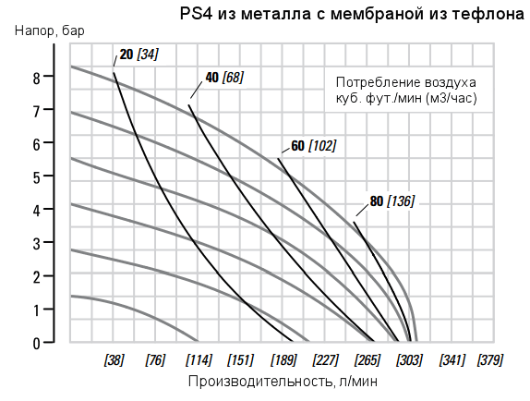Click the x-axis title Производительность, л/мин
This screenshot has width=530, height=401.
[x=283, y=381]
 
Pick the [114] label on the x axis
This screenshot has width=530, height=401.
[x=198, y=359]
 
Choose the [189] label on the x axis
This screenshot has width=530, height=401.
[x=283, y=359]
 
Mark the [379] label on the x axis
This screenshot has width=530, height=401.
[x=489, y=359]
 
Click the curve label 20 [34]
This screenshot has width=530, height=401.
[x=139, y=55]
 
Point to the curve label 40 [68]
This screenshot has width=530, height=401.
[x=224, y=78]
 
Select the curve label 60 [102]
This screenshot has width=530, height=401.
[x=313, y=146]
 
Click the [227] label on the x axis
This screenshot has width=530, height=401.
[x=325, y=359]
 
